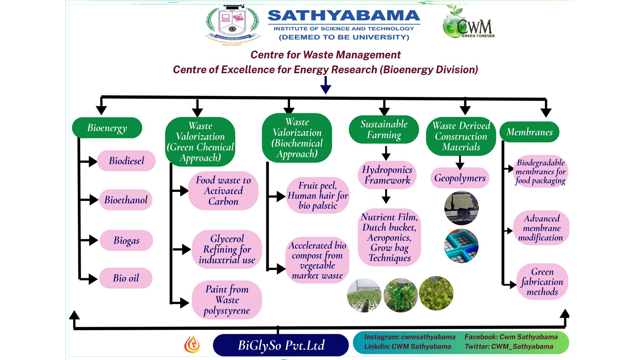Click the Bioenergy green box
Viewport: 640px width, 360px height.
(107, 128)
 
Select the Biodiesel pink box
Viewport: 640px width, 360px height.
(126, 161)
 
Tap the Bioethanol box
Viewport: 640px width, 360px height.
(126, 200)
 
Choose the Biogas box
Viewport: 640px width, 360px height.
(126, 240)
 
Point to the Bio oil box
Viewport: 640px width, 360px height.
(126, 278)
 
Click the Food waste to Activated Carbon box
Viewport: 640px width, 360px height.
(223, 191)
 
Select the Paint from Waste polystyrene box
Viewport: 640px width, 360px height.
(227, 300)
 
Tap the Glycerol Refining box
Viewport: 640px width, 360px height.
(227, 249)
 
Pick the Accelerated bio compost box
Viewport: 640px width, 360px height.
(317, 260)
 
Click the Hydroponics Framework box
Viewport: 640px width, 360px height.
(387, 175)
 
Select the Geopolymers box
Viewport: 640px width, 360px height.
(460, 178)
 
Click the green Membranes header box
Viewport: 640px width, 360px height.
(529, 132)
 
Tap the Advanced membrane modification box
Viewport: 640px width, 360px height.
(541, 228)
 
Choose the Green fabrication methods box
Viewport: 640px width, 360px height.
(542, 282)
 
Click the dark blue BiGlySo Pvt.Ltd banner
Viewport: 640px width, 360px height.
(281, 345)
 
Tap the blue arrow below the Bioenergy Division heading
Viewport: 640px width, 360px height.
(325, 85)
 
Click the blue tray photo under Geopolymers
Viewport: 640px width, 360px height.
(461, 246)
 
